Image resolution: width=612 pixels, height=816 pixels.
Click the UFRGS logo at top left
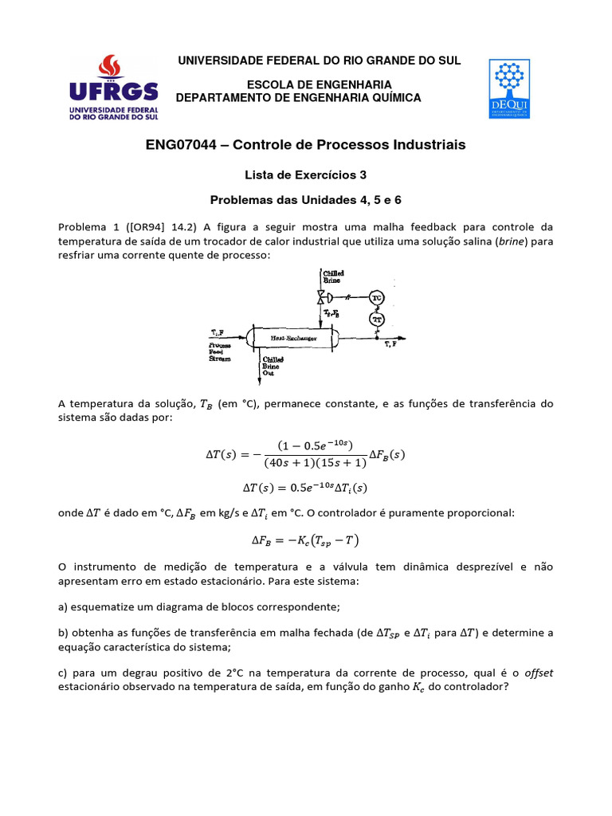(x=113, y=87)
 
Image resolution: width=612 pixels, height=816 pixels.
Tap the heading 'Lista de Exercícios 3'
(x=305, y=174)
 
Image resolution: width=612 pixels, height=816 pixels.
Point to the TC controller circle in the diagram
(x=378, y=297)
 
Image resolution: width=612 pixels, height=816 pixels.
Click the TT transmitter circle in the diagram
(x=378, y=319)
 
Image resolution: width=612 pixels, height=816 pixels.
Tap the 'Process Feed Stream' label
(x=221, y=351)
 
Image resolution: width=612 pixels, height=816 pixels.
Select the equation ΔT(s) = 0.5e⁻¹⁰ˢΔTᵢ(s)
(x=305, y=487)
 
